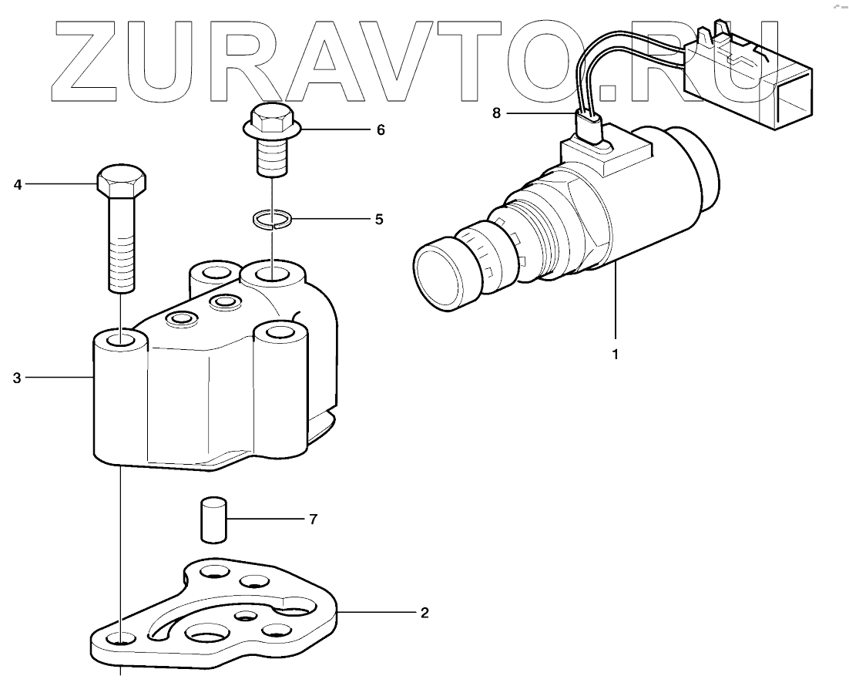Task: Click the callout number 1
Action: click(x=615, y=356)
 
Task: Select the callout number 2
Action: click(x=424, y=614)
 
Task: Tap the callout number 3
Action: click(x=17, y=378)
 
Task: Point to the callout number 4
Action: click(x=17, y=184)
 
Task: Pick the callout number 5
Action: click(x=378, y=220)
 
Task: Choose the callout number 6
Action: click(x=380, y=129)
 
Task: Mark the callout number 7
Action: click(x=313, y=519)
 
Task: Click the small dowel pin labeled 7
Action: click(x=212, y=519)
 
